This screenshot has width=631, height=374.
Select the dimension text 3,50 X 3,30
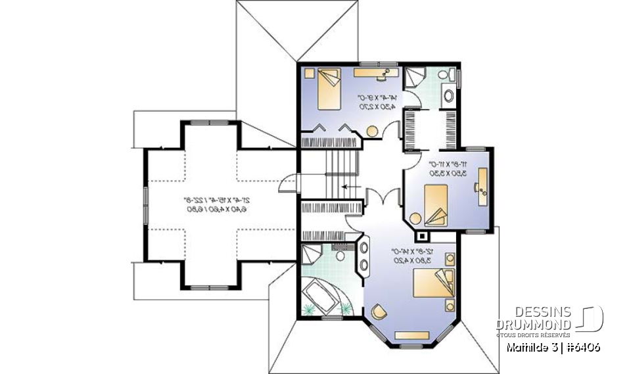(x=447, y=173)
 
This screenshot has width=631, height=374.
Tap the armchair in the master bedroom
(x=379, y=312)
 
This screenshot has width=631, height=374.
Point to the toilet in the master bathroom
(x=340, y=255)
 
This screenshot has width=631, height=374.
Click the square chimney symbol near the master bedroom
(x=421, y=235)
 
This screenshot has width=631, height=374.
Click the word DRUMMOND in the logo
(x=533, y=325)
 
